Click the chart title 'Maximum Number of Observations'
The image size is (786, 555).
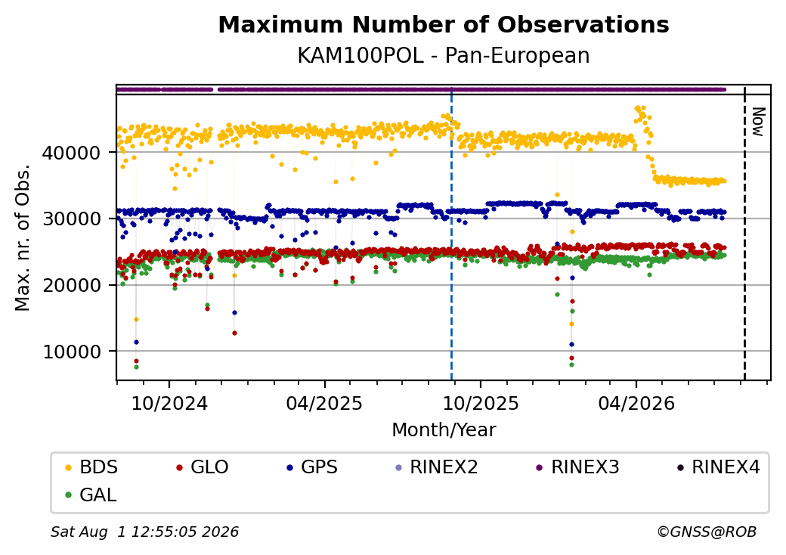444,24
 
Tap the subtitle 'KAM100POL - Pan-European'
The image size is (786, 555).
444,55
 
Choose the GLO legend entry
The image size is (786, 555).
203,467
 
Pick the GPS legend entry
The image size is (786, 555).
312,467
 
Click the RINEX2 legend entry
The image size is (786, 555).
437,467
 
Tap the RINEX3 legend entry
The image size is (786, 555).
578,467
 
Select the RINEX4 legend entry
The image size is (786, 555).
719,467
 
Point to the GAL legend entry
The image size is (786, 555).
91,495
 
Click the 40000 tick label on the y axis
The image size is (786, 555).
71,153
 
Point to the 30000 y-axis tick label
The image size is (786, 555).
71,219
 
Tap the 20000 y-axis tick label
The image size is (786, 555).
71,285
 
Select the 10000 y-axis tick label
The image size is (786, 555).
71,352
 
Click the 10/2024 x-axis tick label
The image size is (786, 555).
169,403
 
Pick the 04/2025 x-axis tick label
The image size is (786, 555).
324,403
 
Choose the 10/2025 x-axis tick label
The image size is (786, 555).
481,403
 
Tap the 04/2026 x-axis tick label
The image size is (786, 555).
636,403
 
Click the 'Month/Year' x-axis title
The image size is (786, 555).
444,429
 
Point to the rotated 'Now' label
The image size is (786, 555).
759,122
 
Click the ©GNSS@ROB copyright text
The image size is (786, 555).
707,532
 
